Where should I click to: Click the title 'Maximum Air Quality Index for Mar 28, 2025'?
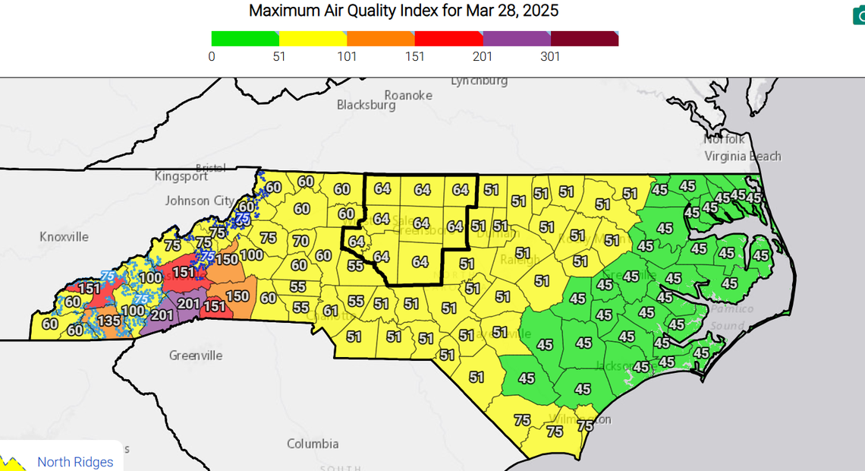click(404, 11)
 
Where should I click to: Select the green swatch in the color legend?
click(245, 39)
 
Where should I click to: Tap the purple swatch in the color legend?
click(517, 39)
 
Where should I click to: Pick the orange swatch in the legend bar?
click(381, 39)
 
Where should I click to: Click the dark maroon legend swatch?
click(584, 39)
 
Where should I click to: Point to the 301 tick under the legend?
click(550, 57)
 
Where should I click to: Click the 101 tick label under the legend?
click(348, 57)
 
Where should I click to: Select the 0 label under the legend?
click(212, 57)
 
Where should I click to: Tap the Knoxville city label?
click(64, 237)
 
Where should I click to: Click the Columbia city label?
click(313, 444)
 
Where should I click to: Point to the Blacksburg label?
click(366, 106)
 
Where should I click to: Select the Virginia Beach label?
click(743, 156)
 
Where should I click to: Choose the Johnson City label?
click(198, 201)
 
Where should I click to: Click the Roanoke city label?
click(408, 95)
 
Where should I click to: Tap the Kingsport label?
click(181, 176)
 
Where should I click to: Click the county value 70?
click(300, 242)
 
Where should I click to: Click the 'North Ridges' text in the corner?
click(75, 462)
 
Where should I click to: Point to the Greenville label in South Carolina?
click(195, 356)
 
